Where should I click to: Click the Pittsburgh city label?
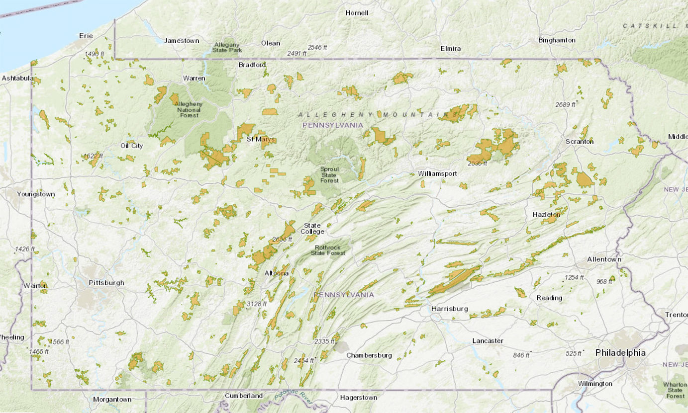click(x=106, y=283)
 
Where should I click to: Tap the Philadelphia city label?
click(x=620, y=352)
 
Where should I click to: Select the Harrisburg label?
click(x=450, y=309)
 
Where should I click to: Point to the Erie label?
click(x=86, y=35)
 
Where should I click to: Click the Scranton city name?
click(x=579, y=141)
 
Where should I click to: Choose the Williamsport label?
click(x=437, y=173)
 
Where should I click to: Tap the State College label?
click(x=312, y=229)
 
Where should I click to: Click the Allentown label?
click(x=604, y=259)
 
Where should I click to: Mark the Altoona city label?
click(x=276, y=273)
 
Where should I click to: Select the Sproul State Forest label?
click(x=329, y=174)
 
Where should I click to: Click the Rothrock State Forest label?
click(x=328, y=249)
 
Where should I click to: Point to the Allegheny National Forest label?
click(x=188, y=109)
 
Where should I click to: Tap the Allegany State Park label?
click(x=226, y=47)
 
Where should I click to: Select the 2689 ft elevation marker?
click(x=565, y=104)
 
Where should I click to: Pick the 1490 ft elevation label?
click(x=95, y=54)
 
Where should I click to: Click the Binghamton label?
click(x=557, y=40)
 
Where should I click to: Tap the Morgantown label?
click(x=112, y=399)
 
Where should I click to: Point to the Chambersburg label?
click(x=369, y=355)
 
